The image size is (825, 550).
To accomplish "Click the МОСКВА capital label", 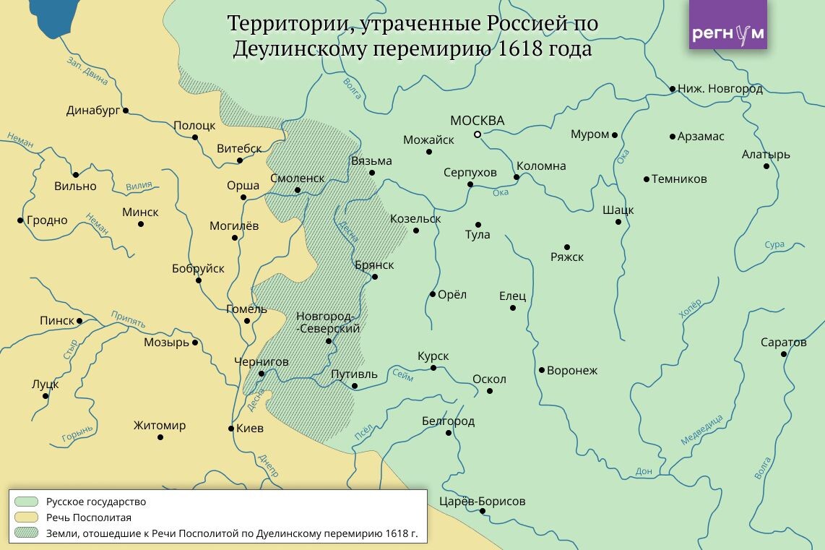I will (477, 121).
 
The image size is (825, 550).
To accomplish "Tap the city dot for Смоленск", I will (298, 190).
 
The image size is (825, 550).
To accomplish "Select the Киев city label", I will (250, 428).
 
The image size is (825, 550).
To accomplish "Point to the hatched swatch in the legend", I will (26, 534).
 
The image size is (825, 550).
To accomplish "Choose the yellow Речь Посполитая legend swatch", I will (26, 517).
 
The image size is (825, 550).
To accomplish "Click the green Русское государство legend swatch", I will (26, 502).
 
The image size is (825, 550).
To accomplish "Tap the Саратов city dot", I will (784, 354).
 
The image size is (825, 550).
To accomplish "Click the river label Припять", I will (128, 319).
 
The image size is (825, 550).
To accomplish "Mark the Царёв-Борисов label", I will (482, 501).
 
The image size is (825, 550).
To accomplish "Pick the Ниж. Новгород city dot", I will (672, 89).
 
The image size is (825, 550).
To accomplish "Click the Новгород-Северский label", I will (328, 322).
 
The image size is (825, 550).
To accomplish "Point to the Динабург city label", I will (92, 111).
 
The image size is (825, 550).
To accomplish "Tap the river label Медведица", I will (701, 430).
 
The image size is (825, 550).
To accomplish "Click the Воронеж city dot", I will (541, 370).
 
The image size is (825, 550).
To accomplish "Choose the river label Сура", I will (774, 245).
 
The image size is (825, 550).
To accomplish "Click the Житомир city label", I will (160, 425).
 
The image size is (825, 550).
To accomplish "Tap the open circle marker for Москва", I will (478, 134).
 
